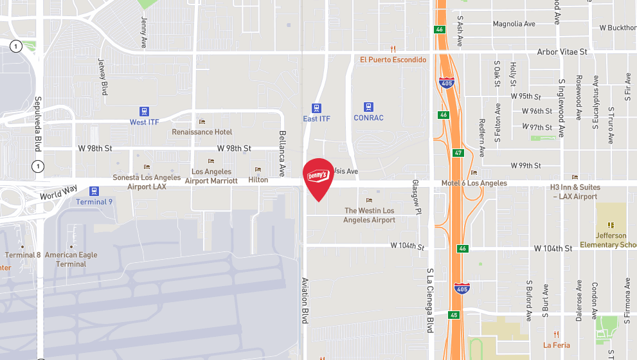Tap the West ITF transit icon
(143, 111)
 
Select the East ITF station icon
(316, 108)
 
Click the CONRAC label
(368, 118)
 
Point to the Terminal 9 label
(94, 202)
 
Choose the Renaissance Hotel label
(202, 132)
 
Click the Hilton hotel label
(258, 180)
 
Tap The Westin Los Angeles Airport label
(370, 215)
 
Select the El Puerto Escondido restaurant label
(393, 60)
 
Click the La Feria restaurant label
(557, 345)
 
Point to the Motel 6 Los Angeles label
(474, 183)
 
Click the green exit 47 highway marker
(458, 153)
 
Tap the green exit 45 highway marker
(455, 315)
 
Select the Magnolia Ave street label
(514, 24)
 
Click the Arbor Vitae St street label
(562, 51)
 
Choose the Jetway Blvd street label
(102, 77)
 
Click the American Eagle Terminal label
(71, 259)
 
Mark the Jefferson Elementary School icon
(611, 225)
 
